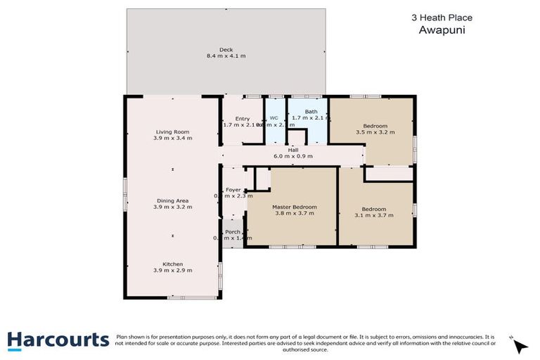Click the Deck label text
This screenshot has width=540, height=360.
pos(226,49)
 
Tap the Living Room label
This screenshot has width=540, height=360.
pos(172,131)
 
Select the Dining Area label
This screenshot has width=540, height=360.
pos(172,201)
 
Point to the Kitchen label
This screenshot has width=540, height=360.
pos(172,264)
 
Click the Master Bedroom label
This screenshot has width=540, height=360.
pos(295,207)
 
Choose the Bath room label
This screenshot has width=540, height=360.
pos(311,112)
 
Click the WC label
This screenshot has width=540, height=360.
pos(274,118)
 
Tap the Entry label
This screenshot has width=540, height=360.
pos(243,119)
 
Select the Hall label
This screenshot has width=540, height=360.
pos(294,150)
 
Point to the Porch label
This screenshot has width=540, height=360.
pos(233,231)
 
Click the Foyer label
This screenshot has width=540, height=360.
pos(233,190)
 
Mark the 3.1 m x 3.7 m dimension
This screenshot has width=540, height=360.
pos(373,215)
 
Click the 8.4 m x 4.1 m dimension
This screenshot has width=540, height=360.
pos(226,56)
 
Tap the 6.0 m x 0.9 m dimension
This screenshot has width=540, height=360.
pos(294,156)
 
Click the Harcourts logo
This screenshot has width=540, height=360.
pos(58,340)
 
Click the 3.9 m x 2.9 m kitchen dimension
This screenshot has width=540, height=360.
pos(172,270)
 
